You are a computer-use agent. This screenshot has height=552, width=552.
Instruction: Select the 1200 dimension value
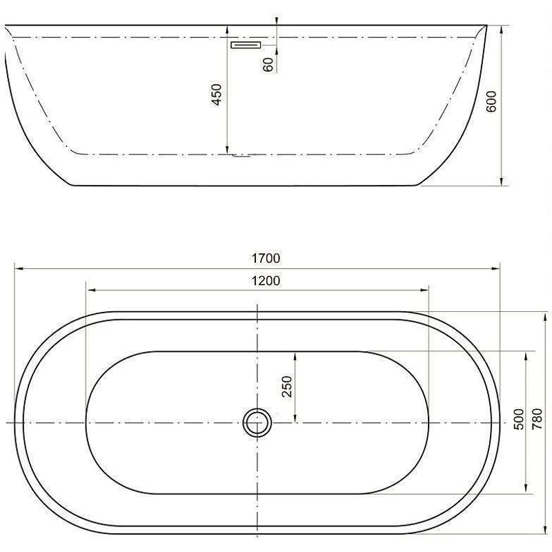click(x=266, y=280)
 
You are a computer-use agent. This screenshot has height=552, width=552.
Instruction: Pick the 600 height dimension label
click(x=491, y=102)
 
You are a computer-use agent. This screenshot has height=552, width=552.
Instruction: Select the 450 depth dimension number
click(x=216, y=95)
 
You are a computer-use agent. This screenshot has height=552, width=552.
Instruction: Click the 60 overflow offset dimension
click(x=268, y=64)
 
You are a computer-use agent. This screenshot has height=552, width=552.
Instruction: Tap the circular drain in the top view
click(x=257, y=422)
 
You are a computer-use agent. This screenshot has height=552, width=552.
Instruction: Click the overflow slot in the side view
click(x=245, y=45)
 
